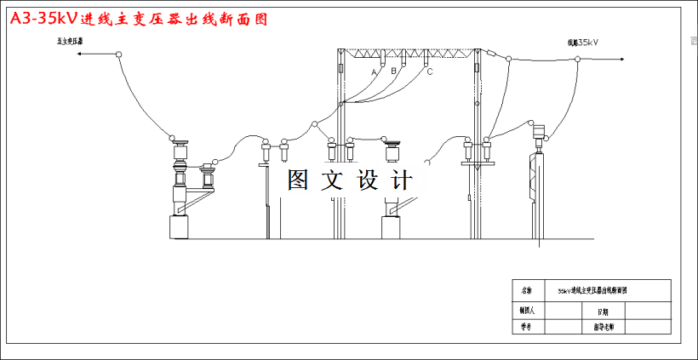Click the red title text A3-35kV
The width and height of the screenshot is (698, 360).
(x=42, y=18)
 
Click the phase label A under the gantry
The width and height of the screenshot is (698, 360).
(x=373, y=73)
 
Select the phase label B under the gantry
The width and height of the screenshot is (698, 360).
(x=393, y=71)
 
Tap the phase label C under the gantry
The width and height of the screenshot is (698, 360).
(x=430, y=71)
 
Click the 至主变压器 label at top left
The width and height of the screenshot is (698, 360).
(x=70, y=41)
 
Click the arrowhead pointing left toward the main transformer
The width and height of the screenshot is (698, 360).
(x=78, y=54)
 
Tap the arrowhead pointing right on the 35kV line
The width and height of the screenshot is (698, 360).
(x=625, y=59)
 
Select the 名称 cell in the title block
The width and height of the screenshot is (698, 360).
(x=525, y=290)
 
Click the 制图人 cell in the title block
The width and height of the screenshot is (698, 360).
(x=525, y=311)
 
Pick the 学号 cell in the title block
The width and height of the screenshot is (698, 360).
(x=525, y=326)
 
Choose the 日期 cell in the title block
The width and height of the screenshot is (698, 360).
(x=603, y=311)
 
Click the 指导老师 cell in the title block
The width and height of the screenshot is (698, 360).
(x=603, y=326)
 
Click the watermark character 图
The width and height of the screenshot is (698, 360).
(x=299, y=180)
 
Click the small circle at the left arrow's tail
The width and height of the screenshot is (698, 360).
(x=119, y=55)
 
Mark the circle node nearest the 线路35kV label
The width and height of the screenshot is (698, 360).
(x=577, y=59)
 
